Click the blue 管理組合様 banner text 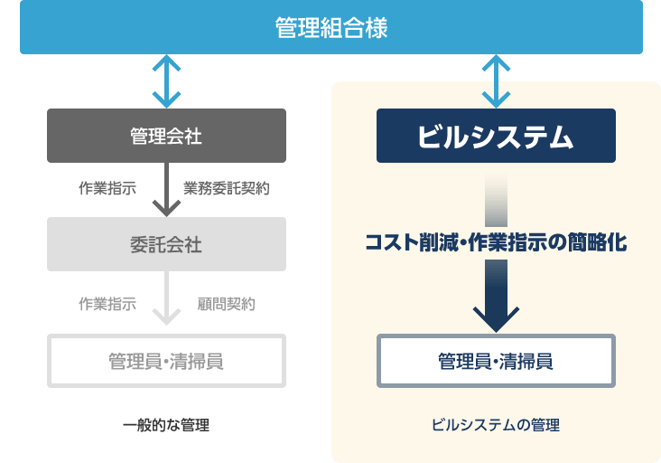331,28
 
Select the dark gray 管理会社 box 166,136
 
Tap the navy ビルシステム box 496,136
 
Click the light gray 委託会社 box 166,244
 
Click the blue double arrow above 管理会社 166,81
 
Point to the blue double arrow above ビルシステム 496,81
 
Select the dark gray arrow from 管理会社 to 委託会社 166,190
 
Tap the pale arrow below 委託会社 166,298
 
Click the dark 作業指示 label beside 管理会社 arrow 107,188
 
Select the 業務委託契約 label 227,188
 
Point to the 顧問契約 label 227,304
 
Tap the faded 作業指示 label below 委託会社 107,304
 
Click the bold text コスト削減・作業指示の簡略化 496,242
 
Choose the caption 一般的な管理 166,425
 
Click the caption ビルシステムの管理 496,425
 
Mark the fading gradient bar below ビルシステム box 496,199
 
